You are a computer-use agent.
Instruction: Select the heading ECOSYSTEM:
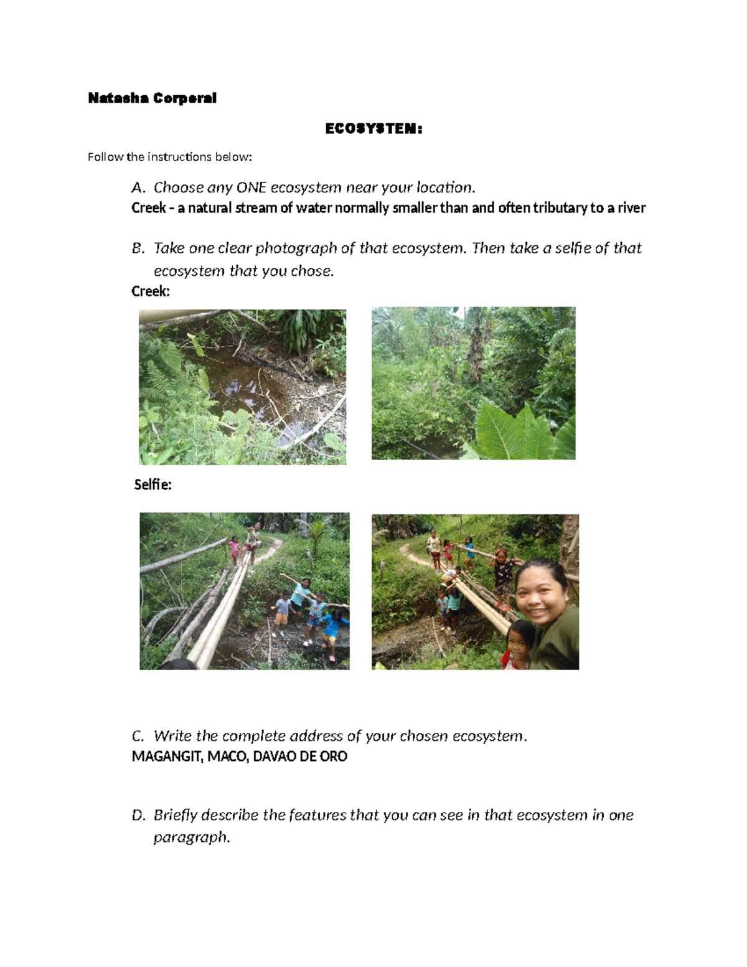(x=374, y=129)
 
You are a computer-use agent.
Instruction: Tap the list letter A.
(x=138, y=187)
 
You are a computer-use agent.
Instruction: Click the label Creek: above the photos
(x=150, y=291)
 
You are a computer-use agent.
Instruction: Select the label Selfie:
(x=153, y=484)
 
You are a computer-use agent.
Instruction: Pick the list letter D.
(x=138, y=815)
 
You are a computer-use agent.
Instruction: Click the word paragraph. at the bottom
(x=192, y=837)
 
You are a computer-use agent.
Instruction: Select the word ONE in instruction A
(x=251, y=187)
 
